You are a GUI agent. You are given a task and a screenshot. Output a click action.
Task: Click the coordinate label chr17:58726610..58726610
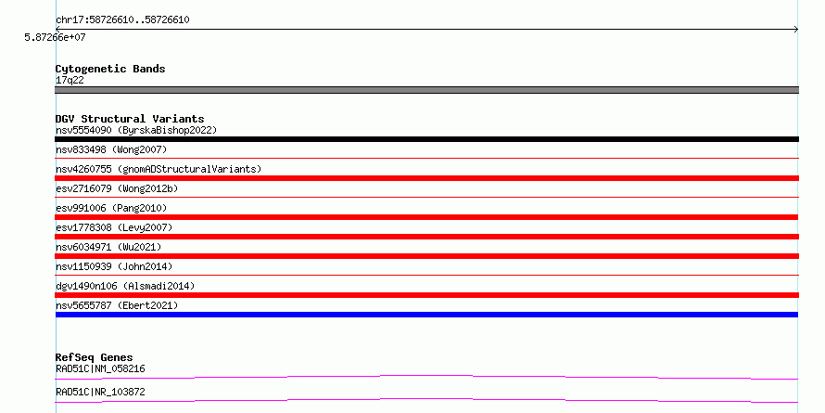click(122, 20)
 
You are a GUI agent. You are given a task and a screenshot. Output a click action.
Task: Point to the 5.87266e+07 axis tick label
click(55, 37)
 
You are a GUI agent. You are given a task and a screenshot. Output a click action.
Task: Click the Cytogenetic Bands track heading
click(110, 69)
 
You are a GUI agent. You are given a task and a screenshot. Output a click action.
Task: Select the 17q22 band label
click(70, 81)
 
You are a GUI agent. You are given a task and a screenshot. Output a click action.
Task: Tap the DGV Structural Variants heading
click(130, 119)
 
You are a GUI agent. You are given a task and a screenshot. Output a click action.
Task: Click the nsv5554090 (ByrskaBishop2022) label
click(136, 130)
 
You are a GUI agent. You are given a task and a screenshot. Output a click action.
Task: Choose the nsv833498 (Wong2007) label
click(111, 150)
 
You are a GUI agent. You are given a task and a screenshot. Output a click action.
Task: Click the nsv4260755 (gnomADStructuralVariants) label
click(159, 170)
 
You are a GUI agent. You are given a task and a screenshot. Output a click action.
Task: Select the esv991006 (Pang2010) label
click(111, 209)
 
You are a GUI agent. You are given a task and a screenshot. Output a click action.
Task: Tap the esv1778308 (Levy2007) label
click(114, 227)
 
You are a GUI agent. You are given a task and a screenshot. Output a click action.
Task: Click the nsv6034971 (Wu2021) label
click(108, 247)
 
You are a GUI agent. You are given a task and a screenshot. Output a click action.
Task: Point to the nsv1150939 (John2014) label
click(114, 266)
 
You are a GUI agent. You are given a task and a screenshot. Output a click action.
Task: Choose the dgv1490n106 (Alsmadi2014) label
click(125, 286)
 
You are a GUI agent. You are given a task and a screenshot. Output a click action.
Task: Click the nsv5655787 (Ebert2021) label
click(117, 305)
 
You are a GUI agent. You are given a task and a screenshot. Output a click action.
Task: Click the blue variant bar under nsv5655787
click(426, 315)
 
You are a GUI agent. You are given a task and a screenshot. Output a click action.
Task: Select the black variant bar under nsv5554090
click(426, 139)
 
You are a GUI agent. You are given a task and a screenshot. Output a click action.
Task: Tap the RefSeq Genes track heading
click(95, 358)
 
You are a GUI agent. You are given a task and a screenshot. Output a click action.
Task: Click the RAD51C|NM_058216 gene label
click(100, 368)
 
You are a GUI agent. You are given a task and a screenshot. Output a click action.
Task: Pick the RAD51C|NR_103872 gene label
click(100, 392)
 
